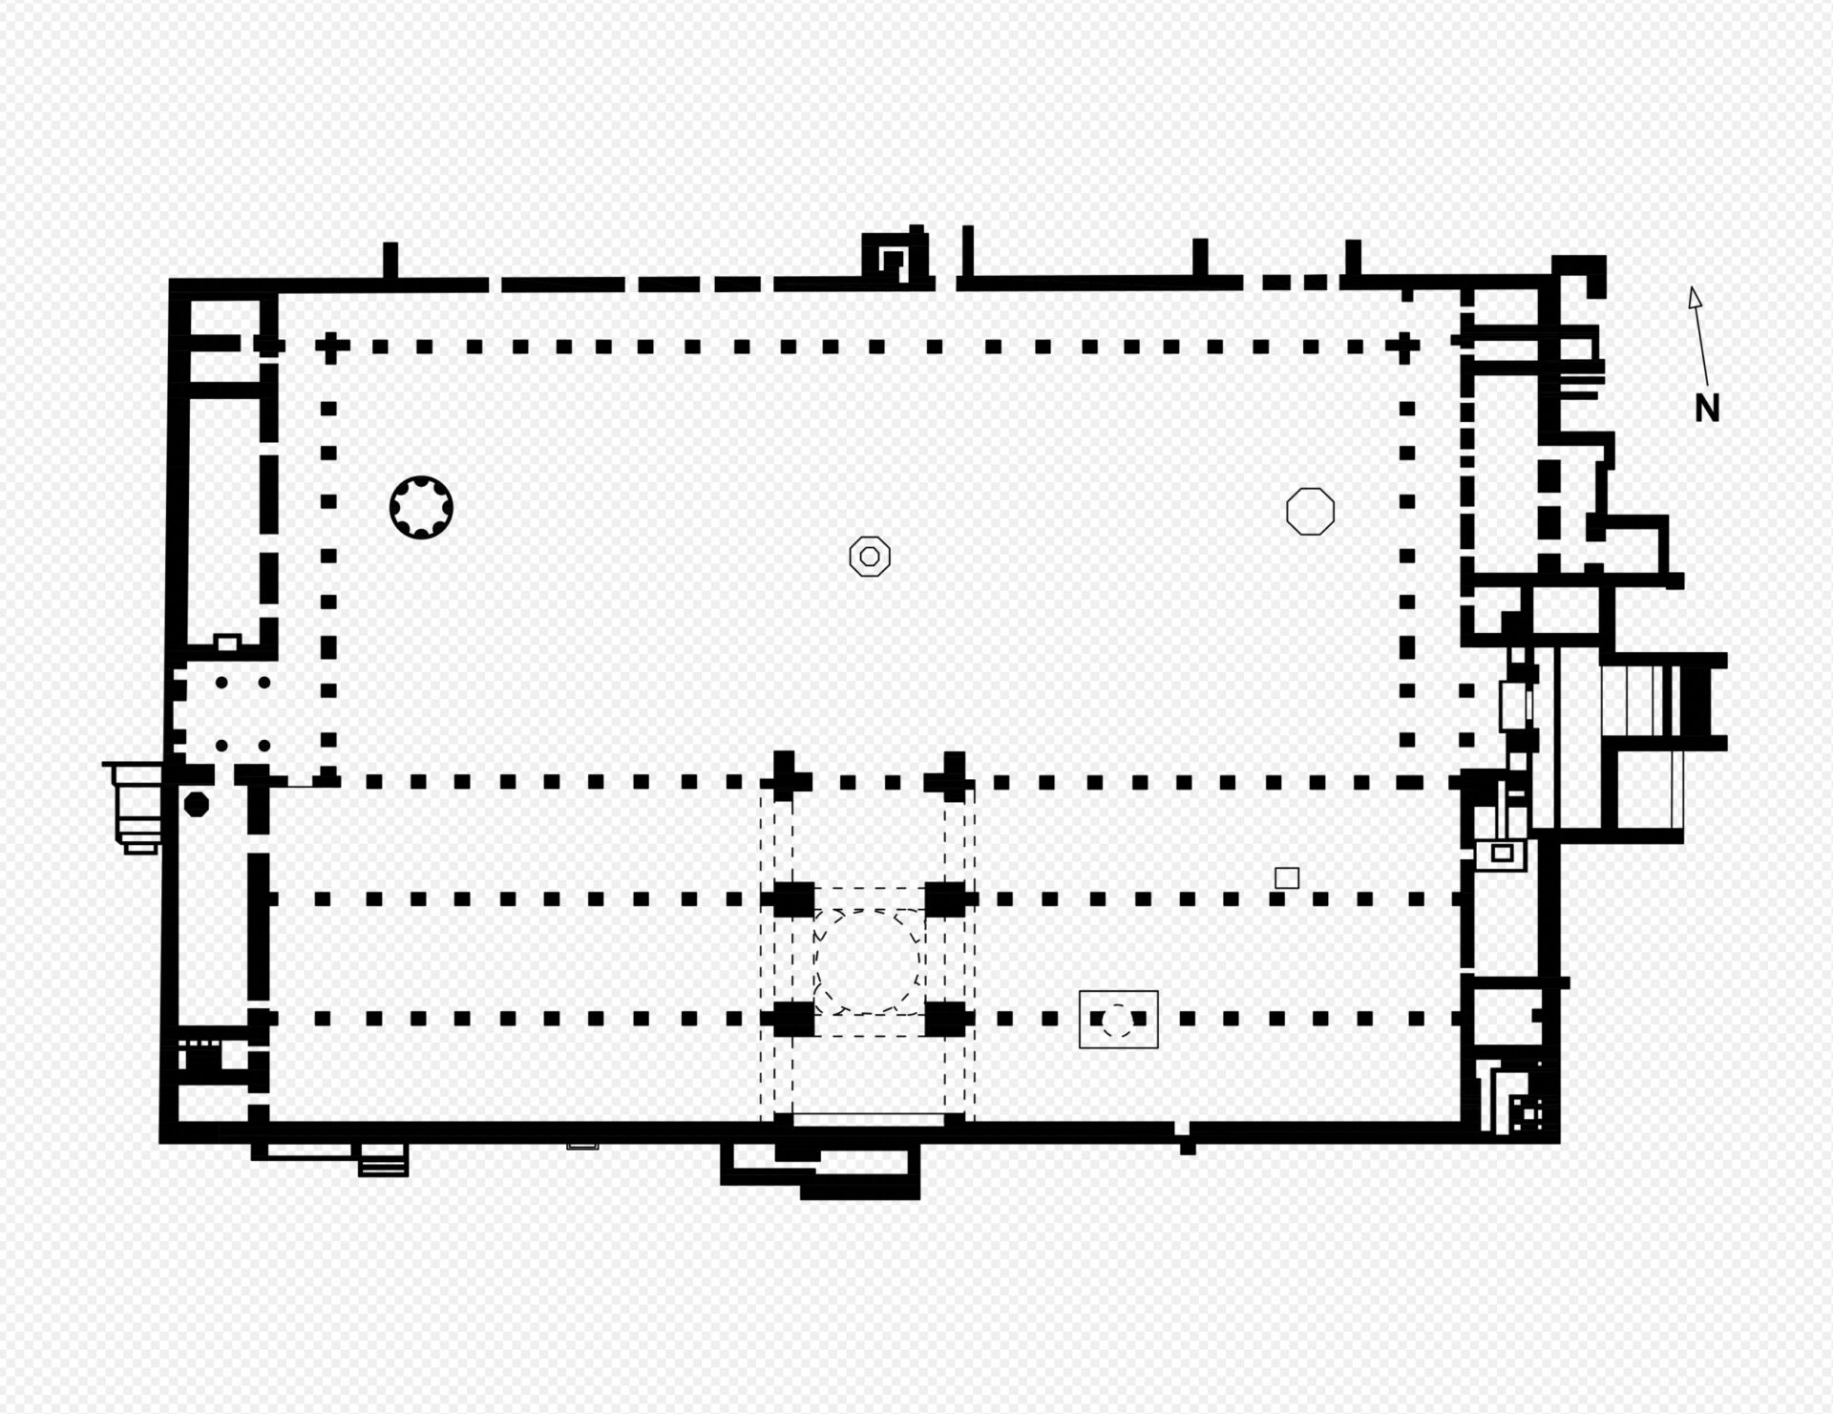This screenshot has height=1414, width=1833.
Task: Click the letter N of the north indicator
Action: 1707,409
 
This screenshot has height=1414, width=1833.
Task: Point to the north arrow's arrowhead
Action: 1695,297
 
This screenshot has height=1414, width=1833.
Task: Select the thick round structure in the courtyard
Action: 421,507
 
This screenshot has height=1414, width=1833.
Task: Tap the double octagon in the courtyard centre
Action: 870,556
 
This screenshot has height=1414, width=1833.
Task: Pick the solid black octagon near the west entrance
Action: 196,804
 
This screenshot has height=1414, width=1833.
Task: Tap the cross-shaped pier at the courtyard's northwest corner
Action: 329,347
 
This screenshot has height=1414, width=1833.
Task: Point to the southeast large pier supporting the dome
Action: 946,1019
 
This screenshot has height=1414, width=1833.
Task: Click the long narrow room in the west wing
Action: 224,516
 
